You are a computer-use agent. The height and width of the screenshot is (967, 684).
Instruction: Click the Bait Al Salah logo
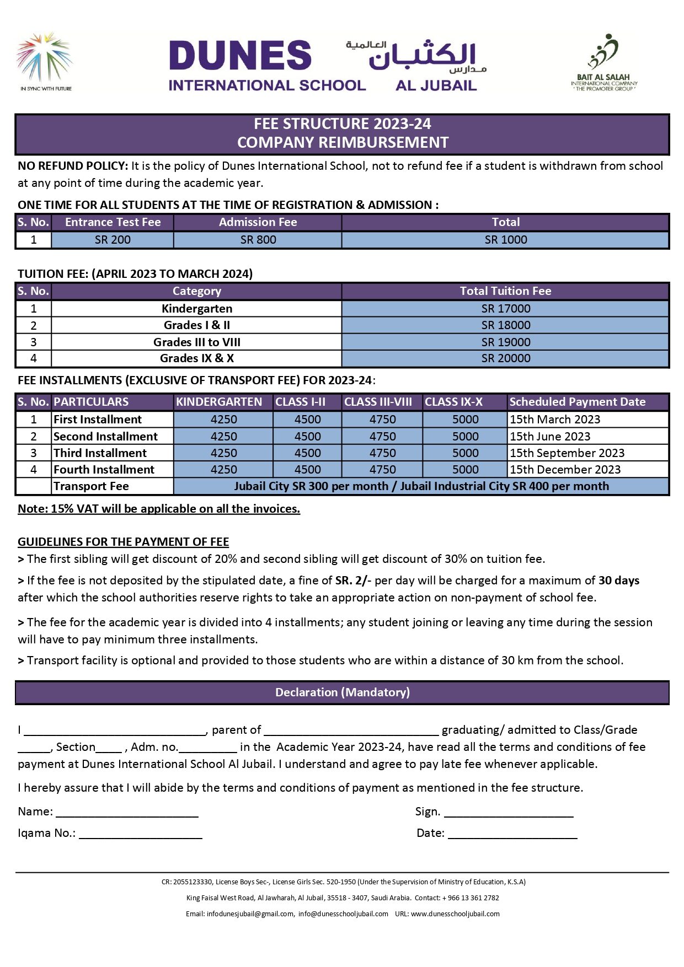pyautogui.click(x=604, y=62)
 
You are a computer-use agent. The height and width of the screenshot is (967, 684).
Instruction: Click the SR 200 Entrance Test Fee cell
pyautogui.click(x=113, y=240)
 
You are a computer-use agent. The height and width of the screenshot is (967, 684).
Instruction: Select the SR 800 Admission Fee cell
pyautogui.click(x=258, y=240)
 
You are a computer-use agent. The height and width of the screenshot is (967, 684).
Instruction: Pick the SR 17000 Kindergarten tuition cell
pyautogui.click(x=505, y=309)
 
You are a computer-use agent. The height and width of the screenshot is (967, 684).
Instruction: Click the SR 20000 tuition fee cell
pyautogui.click(x=505, y=358)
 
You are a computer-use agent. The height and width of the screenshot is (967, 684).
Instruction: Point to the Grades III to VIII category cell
pyautogui.click(x=196, y=342)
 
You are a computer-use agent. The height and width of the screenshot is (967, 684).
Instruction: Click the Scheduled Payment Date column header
pyautogui.click(x=577, y=402)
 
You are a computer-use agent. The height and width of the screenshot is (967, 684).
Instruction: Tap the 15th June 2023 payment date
pyautogui.click(x=550, y=437)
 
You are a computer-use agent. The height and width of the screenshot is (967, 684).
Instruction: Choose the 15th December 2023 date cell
pyautogui.click(x=565, y=470)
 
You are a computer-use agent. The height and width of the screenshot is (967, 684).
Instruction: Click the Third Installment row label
pyautogui.click(x=100, y=453)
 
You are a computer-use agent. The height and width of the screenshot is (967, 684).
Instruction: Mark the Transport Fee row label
pyautogui.click(x=92, y=486)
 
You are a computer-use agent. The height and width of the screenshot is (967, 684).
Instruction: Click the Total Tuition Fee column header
pyautogui.click(x=505, y=291)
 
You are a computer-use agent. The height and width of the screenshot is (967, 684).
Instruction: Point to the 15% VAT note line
pyautogui.click(x=159, y=509)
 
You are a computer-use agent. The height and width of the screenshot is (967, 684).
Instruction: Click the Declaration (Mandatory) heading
pyautogui.click(x=342, y=692)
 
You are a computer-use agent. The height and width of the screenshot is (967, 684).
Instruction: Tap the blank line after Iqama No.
pyautogui.click(x=141, y=834)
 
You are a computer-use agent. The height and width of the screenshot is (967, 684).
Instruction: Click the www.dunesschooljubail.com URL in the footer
pyautogui.click(x=455, y=914)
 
